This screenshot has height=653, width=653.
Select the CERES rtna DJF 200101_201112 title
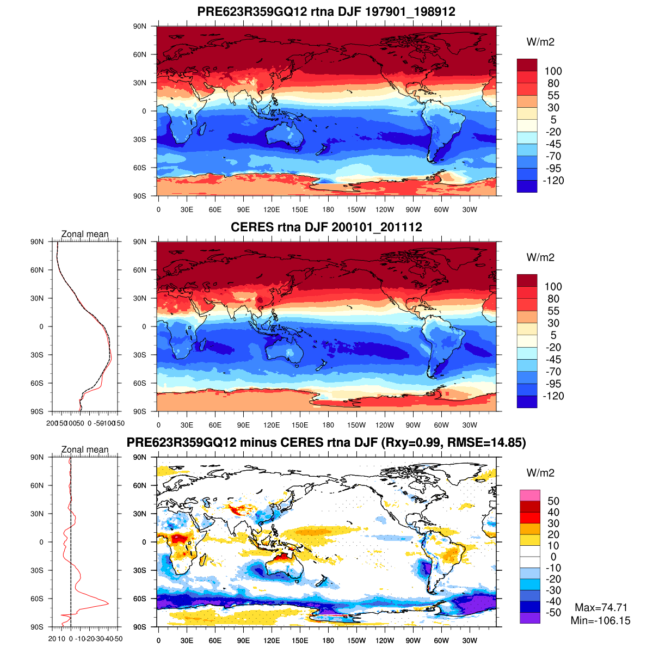point(326,227)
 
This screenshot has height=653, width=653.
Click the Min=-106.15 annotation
point(601,620)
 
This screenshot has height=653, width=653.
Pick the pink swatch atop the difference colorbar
point(529,495)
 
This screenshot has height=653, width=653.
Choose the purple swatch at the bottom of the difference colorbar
point(529,618)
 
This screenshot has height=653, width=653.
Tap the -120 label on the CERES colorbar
point(553,396)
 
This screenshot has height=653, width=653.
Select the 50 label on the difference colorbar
point(553,501)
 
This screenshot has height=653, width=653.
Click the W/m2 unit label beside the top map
point(540,42)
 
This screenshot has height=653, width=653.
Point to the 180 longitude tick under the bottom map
point(328,640)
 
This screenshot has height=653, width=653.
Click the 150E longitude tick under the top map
point(300,210)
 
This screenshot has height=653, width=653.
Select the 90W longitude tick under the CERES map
point(413,425)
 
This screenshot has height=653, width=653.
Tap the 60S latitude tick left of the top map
point(140,168)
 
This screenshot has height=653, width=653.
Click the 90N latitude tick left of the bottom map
point(140,457)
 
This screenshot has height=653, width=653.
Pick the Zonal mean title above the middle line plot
point(85,234)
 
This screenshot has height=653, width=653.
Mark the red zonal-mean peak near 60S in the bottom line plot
point(108,603)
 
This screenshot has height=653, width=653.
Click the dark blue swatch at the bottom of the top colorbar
point(527,186)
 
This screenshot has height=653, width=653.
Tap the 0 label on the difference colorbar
point(553,557)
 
